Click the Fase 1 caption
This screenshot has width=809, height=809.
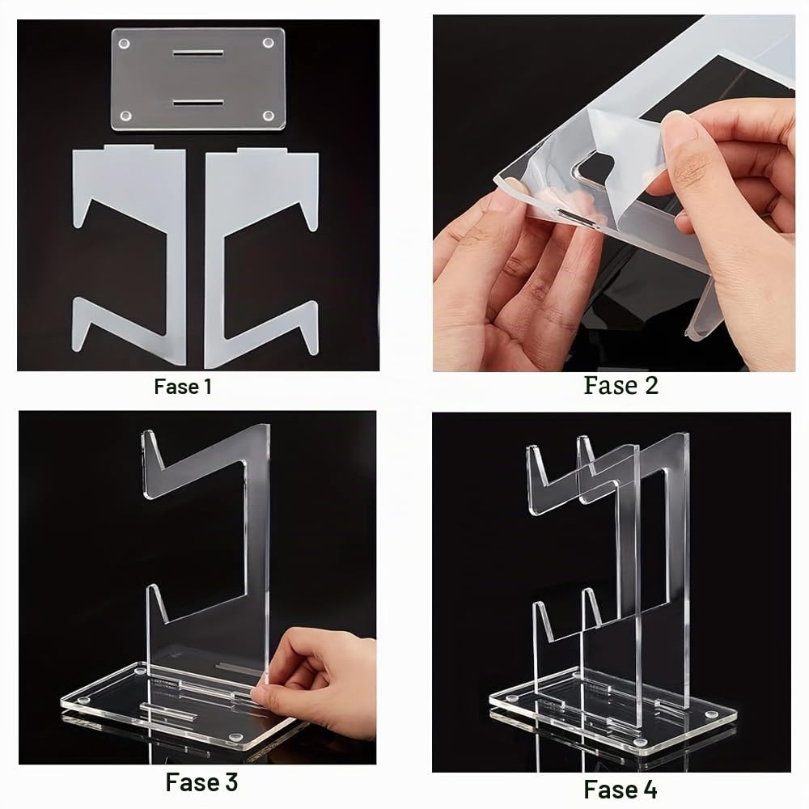[183, 387]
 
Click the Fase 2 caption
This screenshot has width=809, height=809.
[621, 385]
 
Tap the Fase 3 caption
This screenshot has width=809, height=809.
[201, 782]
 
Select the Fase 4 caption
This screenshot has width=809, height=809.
[621, 790]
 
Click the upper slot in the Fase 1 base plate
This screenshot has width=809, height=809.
[198, 53]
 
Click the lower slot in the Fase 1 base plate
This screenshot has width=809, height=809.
[198, 104]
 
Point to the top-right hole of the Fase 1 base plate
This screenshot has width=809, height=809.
[269, 42]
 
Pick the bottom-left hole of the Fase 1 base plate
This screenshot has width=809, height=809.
[125, 116]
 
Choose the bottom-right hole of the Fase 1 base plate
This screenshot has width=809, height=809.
[269, 116]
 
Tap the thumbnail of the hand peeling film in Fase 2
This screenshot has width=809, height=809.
[614, 193]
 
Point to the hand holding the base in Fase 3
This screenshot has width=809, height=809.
[315, 686]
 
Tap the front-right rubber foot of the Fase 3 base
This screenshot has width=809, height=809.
[236, 737]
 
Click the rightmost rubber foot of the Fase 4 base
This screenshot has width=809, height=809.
[711, 715]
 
